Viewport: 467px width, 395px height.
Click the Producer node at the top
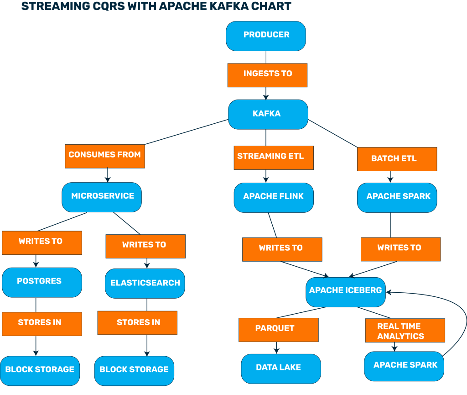tap(266, 36)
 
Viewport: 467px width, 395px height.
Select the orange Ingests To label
tap(267, 74)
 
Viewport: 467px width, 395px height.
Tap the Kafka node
tap(268, 114)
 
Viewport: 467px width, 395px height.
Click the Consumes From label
tap(105, 156)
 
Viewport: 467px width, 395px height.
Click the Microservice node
tap(102, 197)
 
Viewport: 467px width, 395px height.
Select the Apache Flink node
tap(274, 197)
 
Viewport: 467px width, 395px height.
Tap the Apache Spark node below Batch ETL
tap(397, 197)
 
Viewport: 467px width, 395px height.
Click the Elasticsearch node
tap(145, 284)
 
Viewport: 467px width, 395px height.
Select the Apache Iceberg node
tap(345, 291)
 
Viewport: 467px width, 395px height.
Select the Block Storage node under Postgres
tap(40, 370)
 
